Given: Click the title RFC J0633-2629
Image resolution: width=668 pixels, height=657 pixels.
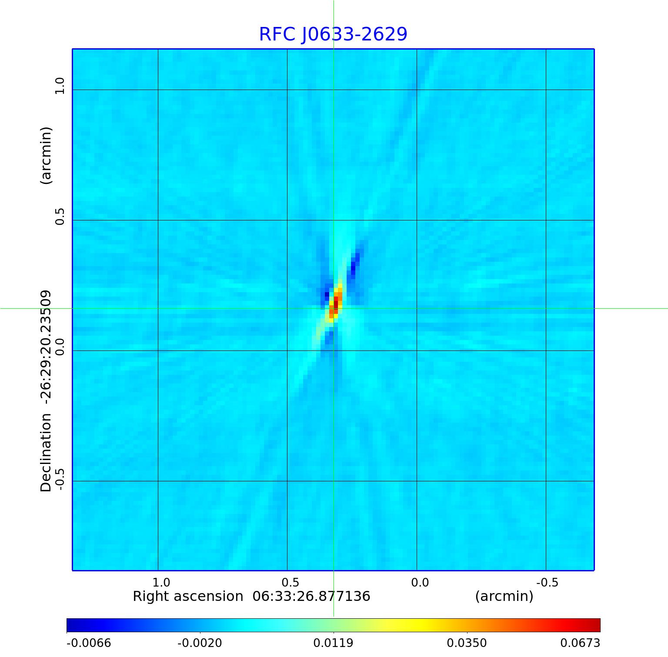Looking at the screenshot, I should (333, 34).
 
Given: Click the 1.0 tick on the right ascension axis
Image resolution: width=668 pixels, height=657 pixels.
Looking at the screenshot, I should (161, 582).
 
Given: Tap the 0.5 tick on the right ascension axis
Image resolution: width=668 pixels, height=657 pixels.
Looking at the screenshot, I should (290, 582).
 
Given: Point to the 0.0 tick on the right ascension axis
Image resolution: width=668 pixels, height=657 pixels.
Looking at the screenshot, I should (420, 582).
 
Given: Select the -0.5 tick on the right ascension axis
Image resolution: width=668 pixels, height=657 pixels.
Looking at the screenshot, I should (547, 582).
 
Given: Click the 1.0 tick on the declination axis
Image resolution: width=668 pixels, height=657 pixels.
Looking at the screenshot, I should (59, 86).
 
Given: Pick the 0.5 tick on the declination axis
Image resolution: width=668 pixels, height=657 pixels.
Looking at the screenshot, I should (59, 216).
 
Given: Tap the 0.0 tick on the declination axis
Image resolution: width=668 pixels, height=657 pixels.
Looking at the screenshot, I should (59, 347).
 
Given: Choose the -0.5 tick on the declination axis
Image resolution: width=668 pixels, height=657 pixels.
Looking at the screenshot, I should (59, 479).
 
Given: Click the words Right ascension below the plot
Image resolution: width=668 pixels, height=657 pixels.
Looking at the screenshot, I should (188, 596).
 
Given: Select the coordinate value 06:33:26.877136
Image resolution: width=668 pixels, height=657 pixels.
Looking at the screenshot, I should (311, 596).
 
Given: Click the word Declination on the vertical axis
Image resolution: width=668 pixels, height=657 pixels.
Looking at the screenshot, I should (46, 453).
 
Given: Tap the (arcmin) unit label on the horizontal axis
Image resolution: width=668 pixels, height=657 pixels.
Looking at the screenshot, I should (504, 596).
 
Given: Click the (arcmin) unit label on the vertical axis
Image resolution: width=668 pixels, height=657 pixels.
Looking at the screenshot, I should (46, 155).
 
